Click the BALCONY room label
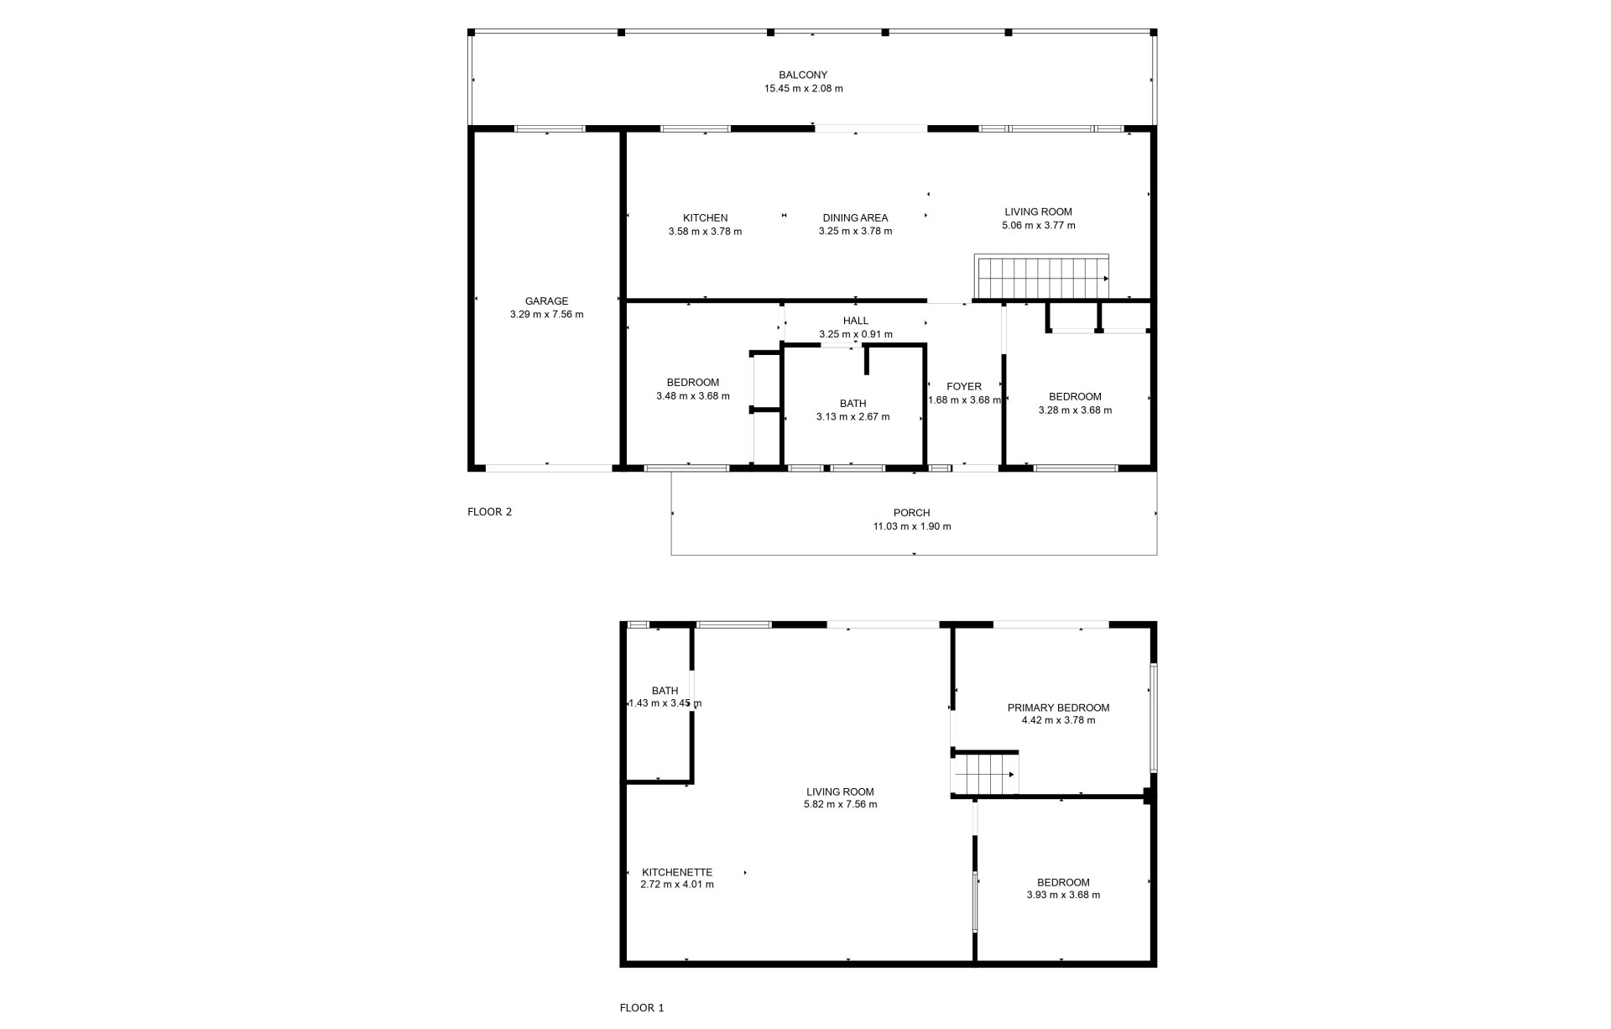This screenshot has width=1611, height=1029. [x=803, y=75]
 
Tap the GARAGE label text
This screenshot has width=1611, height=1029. [x=546, y=301]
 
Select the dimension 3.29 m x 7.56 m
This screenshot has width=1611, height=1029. [x=546, y=315]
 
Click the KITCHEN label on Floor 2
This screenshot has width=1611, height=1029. [x=705, y=218]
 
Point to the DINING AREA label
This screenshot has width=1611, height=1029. [x=855, y=218]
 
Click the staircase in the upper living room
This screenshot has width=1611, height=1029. [x=1041, y=277]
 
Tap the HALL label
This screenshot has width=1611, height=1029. [x=856, y=321]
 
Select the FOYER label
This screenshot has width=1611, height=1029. [x=964, y=387]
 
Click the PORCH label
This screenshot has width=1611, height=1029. [x=912, y=513]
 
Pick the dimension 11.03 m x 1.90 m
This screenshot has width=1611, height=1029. [x=912, y=527]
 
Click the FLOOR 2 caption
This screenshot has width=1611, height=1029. [x=489, y=512]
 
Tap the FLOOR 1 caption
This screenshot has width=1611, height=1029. [x=642, y=1008]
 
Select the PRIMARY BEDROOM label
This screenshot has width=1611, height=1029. [x=1058, y=708]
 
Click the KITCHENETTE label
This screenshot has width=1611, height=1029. [x=677, y=872]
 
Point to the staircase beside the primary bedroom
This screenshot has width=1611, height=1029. [x=985, y=772]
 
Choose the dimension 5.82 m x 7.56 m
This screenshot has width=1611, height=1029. [x=840, y=804]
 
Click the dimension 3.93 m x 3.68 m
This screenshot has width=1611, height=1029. [x=1063, y=895]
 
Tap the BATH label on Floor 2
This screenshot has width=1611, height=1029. [x=852, y=404]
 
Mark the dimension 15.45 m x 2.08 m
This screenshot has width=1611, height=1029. [x=803, y=88]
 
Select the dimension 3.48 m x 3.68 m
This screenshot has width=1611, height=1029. [x=693, y=396]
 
